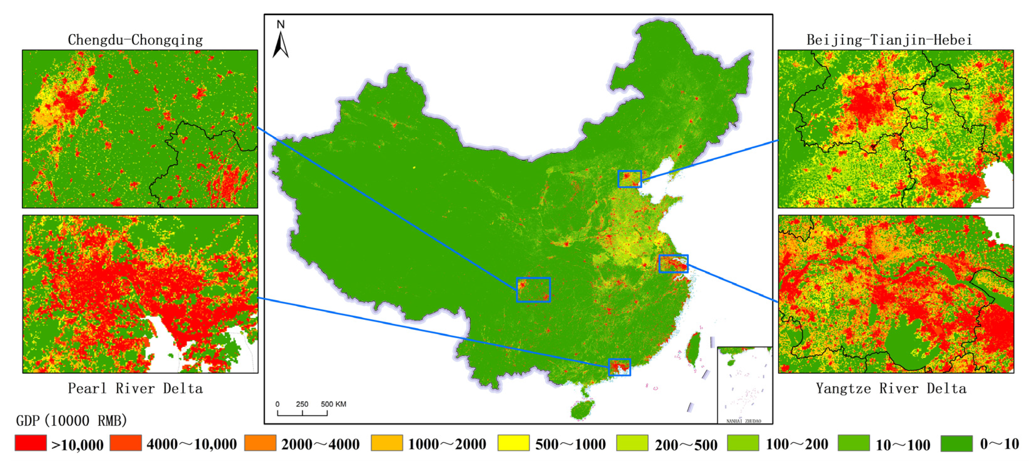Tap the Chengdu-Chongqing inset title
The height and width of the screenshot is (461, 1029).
click(x=135, y=40)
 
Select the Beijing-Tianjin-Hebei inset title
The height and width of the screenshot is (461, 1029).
click(x=889, y=40)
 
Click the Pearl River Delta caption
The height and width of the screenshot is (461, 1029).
click(x=135, y=388)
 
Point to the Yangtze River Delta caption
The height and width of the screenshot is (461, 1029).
click(x=891, y=388)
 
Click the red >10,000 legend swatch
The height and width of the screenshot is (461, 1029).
click(x=31, y=443)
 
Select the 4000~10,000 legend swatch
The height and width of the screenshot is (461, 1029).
click(x=126, y=443)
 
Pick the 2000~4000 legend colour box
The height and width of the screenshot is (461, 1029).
click(x=260, y=443)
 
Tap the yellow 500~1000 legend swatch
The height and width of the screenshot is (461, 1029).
click(x=513, y=443)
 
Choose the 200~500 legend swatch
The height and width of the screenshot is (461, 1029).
click(x=632, y=443)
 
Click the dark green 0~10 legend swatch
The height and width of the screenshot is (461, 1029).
click(x=956, y=443)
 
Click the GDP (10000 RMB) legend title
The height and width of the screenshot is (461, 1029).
click(x=71, y=420)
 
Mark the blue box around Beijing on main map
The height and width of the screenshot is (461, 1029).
click(x=629, y=179)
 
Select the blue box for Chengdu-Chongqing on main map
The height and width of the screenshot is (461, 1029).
click(x=533, y=290)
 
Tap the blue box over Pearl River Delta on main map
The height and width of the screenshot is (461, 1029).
click(x=619, y=367)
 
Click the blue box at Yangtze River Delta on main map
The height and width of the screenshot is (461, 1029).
click(x=673, y=264)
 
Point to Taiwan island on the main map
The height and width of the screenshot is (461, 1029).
click(x=694, y=348)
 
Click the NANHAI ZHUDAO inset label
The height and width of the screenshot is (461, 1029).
click(x=743, y=421)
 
